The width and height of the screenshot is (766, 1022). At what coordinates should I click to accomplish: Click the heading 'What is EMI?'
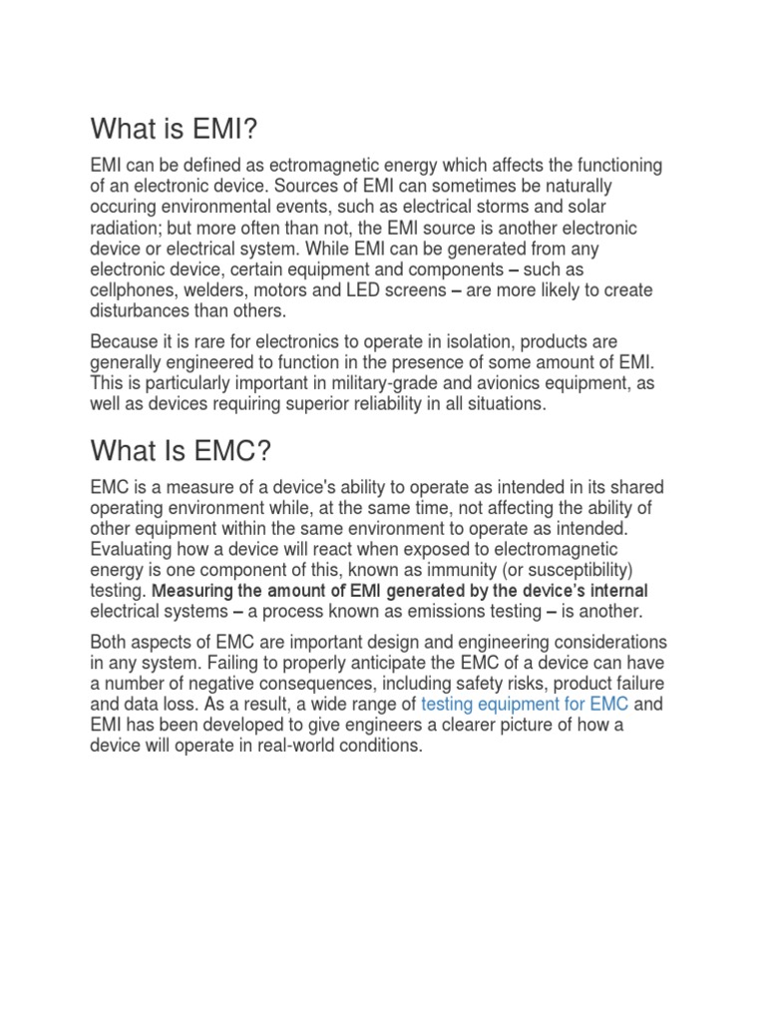pos(180,129)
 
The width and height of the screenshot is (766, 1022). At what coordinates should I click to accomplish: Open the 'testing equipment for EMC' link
pos(525,705)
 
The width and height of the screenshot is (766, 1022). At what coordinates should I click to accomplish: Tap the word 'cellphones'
pos(131,290)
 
